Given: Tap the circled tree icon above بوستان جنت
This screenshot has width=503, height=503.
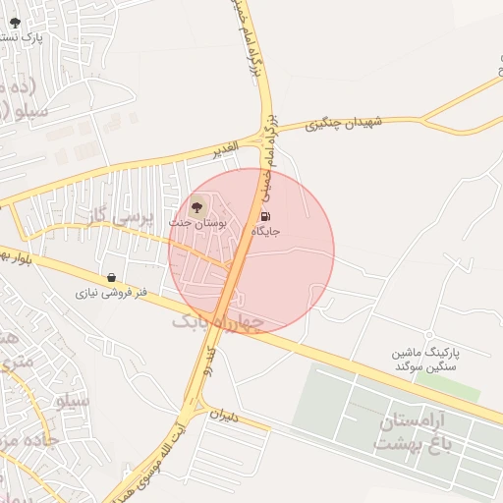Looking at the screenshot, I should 196,207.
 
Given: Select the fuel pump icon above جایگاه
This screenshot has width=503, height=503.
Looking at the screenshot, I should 266,216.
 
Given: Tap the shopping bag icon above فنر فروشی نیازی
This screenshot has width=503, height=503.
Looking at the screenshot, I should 110,278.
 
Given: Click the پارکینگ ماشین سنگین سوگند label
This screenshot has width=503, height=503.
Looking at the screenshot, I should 427,359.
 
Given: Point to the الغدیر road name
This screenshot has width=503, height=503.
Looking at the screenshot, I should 226,148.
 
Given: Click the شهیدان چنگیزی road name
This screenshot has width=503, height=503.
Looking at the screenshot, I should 355,124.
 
